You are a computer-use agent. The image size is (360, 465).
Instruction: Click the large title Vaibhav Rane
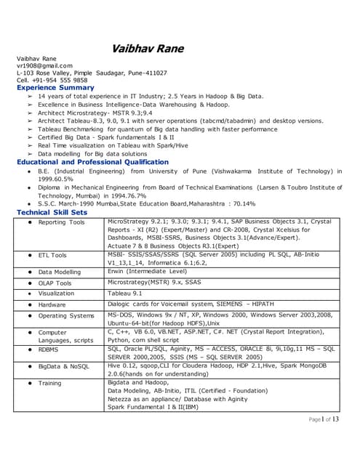tap(148, 49)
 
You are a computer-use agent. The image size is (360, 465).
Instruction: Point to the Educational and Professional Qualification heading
tap(92, 162)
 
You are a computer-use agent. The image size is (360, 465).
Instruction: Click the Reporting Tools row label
tap(61, 222)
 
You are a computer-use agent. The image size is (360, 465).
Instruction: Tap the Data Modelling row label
tap(60, 272)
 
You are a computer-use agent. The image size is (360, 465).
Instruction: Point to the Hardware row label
tap(52, 305)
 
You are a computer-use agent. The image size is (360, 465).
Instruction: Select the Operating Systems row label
tap(66, 316)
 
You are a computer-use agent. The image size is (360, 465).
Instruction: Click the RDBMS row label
tap(50, 349)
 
